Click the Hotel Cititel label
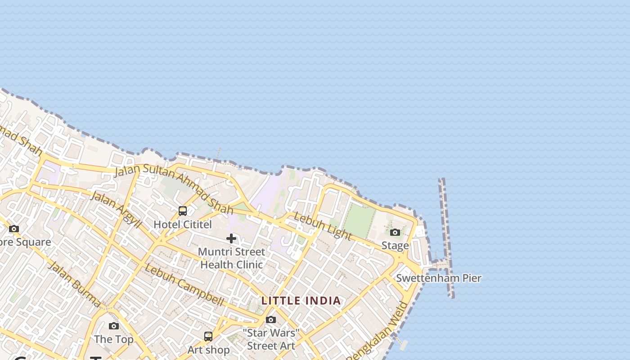183,224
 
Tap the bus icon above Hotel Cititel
183,211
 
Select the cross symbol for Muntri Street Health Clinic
231,238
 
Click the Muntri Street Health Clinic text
231,258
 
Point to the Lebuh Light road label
322,226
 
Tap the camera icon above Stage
395,232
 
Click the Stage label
395,245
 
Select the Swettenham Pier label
439,278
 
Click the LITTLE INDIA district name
301,301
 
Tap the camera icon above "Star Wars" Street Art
271,319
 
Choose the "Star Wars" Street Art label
271,339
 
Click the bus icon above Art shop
208,336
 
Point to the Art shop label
208,350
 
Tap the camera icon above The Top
114,326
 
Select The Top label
114,339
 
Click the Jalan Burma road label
74,284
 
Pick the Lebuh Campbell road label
184,284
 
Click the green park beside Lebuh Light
359,220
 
